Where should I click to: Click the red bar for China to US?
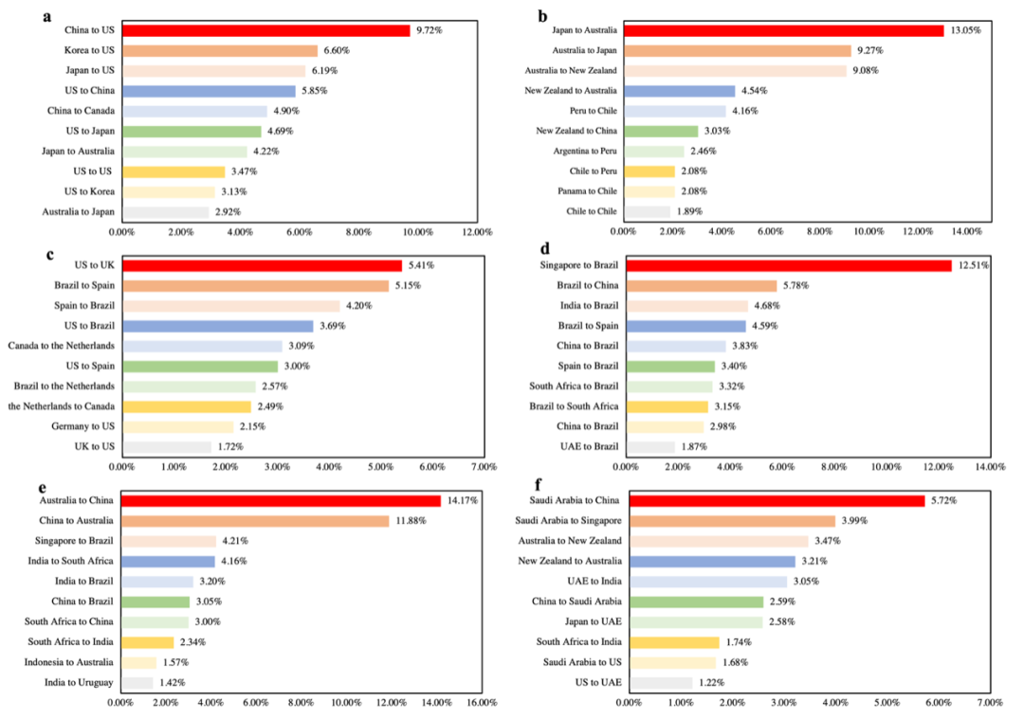(265, 30)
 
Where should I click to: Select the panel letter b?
(542, 16)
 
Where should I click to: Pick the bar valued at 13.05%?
(784, 30)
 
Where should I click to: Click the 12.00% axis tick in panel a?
(477, 231)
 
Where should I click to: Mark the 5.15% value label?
(410, 285)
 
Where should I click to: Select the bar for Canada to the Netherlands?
(202, 346)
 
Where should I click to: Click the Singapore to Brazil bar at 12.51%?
(788, 265)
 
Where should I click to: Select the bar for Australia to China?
(281, 500)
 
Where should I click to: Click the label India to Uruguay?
(79, 682)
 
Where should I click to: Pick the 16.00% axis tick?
(483, 702)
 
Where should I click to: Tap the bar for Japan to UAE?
(695, 621)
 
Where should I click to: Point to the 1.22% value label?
(713, 682)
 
